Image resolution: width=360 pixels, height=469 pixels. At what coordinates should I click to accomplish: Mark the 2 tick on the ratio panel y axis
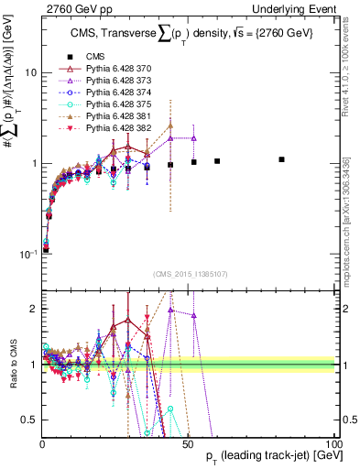tap(33, 310)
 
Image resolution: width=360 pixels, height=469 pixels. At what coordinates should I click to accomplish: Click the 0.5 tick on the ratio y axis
tap(29, 420)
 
